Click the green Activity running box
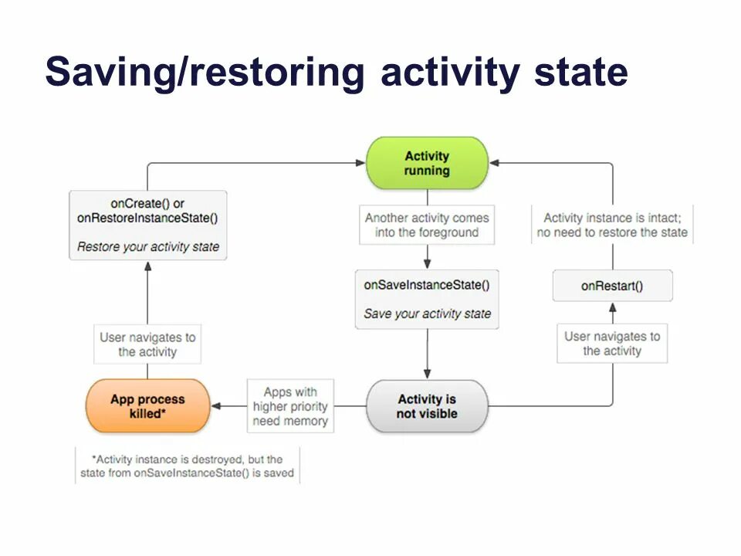tap(426, 163)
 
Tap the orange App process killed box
tap(147, 405)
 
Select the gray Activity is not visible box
tap(427, 406)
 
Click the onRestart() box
tap(612, 286)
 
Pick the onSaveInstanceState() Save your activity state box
tap(426, 299)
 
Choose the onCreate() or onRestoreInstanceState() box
tap(147, 225)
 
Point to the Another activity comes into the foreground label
tap(427, 225)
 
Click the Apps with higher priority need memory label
tap(290, 406)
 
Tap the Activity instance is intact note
tap(612, 225)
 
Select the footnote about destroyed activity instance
tap(187, 466)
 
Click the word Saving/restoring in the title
tap(204, 72)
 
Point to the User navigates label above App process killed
tap(147, 344)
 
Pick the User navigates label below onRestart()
tap(612, 343)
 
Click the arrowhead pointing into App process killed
tap(215, 406)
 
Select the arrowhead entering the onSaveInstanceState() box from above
tap(427, 264)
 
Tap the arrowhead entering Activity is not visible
tap(427, 375)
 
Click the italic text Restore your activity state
tap(147, 247)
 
